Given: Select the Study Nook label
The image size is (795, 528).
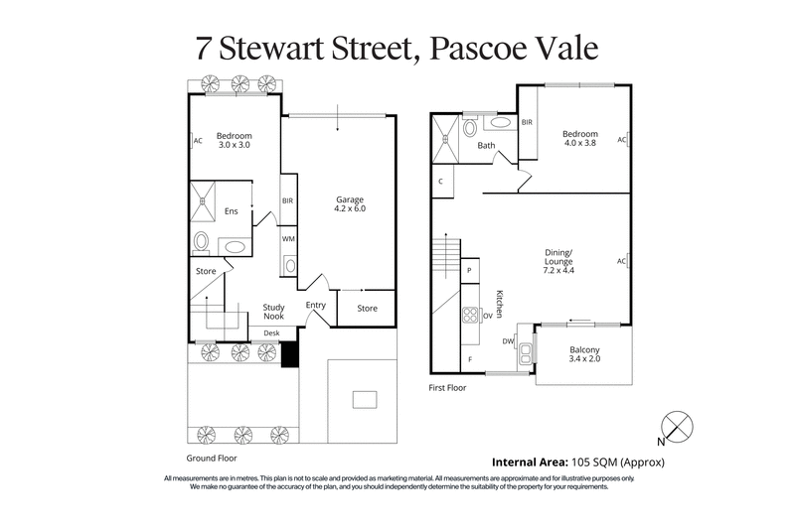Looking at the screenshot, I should coord(274,313).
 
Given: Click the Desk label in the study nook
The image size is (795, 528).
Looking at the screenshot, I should coord(271,332).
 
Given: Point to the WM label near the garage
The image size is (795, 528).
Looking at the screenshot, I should coord(288,239).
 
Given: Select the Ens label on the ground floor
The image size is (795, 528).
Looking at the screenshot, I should coord(231,210).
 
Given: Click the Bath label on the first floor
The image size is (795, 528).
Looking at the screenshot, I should coord(486,146).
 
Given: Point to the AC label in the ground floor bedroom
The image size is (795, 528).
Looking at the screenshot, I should coord(198,141).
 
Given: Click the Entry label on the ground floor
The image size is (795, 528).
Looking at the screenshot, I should coord(316,305).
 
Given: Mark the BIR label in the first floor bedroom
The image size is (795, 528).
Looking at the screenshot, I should coord(528,122).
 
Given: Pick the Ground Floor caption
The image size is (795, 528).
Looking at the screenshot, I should coord(212,460).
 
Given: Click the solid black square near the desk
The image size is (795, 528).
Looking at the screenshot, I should coord(289,353).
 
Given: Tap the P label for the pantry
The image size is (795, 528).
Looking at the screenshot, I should coord(468,270).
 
